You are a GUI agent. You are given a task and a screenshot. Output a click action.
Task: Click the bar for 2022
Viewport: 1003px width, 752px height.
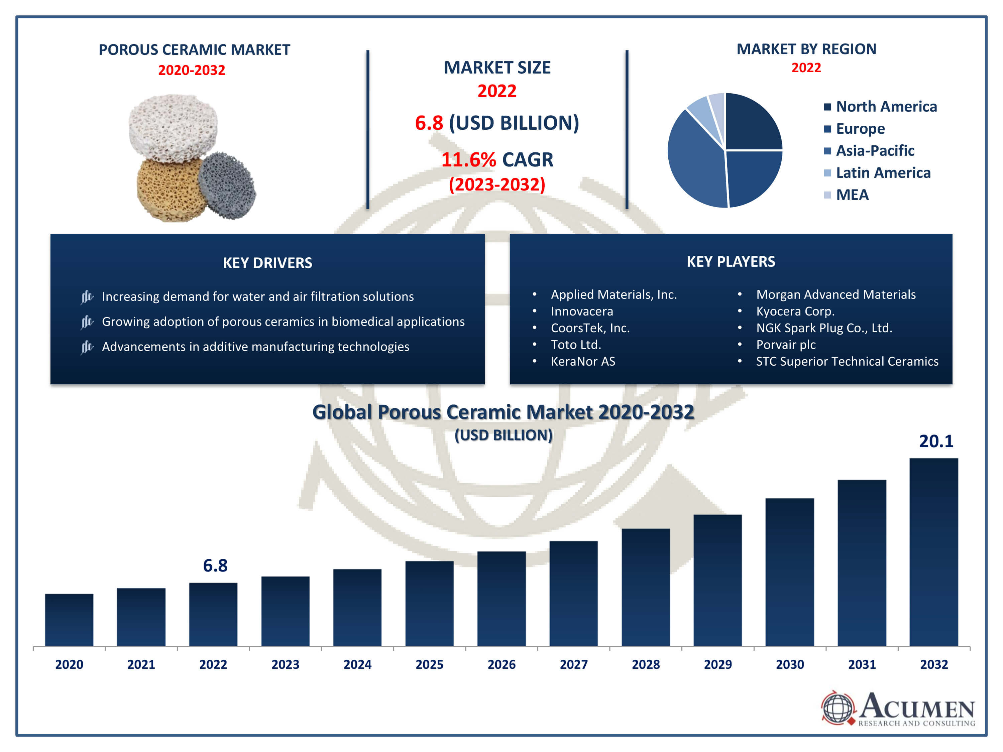(x=213, y=614)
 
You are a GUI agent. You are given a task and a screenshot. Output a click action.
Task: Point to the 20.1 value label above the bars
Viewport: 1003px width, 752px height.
(x=936, y=441)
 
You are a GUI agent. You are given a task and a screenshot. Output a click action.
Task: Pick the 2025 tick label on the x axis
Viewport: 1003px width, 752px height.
(x=429, y=664)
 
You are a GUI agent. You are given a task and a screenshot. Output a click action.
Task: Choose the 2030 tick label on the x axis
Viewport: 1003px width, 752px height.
(x=790, y=664)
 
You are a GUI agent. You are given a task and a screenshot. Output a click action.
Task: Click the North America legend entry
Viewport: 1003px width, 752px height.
(x=880, y=107)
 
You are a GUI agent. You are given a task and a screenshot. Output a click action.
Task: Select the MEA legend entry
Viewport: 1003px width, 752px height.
(x=846, y=195)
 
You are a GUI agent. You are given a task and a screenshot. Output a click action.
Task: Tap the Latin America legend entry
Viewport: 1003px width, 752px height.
(x=877, y=173)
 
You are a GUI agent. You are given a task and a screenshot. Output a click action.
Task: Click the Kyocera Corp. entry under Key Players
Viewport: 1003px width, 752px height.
(x=795, y=311)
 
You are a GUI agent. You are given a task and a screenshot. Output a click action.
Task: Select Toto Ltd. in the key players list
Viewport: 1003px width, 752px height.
(x=576, y=345)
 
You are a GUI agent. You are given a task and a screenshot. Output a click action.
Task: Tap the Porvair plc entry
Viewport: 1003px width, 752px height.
(x=786, y=345)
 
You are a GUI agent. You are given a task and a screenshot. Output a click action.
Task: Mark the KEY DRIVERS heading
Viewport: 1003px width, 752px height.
(x=267, y=263)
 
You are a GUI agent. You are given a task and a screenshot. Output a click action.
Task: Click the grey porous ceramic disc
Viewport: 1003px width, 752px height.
(x=227, y=186)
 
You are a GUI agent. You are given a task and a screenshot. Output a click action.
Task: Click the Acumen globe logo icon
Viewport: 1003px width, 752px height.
(x=838, y=708)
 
